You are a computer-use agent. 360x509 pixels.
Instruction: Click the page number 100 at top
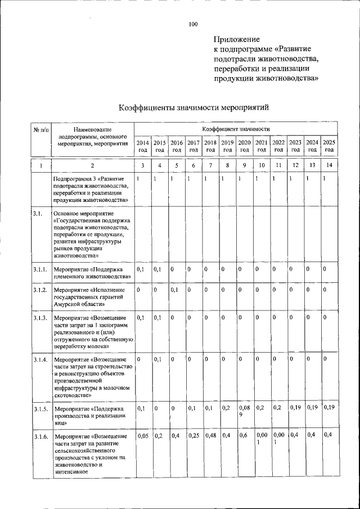coord(193,24)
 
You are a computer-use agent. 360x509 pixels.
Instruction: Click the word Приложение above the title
coord(236,39)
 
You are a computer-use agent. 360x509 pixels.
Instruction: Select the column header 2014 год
coord(143,146)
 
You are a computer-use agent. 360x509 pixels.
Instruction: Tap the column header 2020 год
coord(244,146)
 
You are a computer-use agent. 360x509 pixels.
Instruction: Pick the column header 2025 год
coord(329,146)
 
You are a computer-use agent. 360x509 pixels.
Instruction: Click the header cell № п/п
coord(40,130)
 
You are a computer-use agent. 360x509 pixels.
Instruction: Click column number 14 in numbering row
coord(329,165)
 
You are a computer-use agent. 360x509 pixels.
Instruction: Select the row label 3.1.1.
coord(39,269)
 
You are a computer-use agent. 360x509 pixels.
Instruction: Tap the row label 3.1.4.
coord(39,358)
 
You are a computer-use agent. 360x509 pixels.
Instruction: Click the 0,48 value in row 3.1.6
coord(210,435)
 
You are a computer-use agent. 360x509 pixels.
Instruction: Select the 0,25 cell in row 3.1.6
coord(193,435)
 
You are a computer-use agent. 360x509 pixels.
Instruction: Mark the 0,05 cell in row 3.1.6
coord(142,435)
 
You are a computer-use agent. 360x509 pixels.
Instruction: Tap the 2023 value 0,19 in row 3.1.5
coord(295,407)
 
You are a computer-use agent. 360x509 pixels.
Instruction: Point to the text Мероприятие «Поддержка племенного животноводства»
coord(92,273)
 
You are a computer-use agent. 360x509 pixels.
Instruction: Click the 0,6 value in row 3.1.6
coord(243,435)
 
